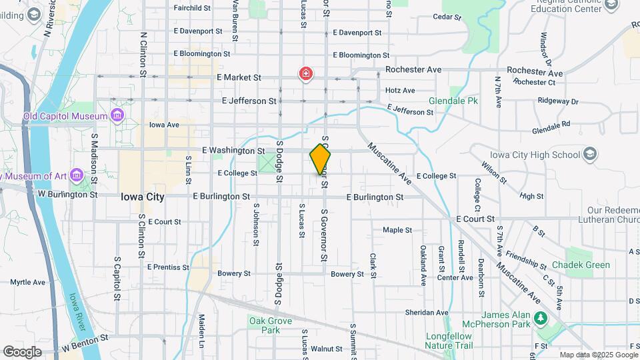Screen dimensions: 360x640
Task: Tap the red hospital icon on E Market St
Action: tap(306, 73)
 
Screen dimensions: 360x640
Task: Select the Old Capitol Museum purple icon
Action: tap(117, 116)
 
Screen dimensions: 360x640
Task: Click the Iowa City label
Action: tap(143, 197)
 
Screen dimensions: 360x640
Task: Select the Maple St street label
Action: tap(397, 230)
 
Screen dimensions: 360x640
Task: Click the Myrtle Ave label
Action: tap(27, 282)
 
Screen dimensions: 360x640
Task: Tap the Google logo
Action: tap(22, 351)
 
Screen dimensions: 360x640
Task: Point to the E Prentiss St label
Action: tap(167, 267)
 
